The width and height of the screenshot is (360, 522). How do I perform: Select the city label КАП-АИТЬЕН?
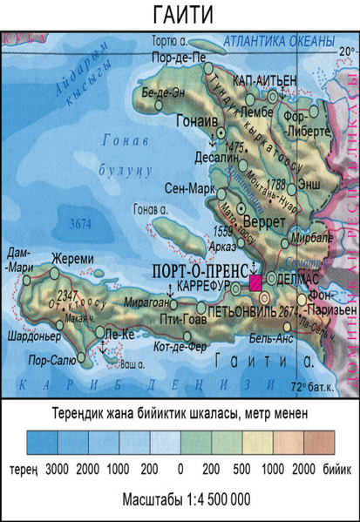pyautogui.click(x=257, y=80)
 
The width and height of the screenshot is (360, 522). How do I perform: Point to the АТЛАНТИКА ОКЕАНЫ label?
pyautogui.click(x=278, y=42)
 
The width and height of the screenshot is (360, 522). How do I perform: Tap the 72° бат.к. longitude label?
pyautogui.click(x=320, y=386)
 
